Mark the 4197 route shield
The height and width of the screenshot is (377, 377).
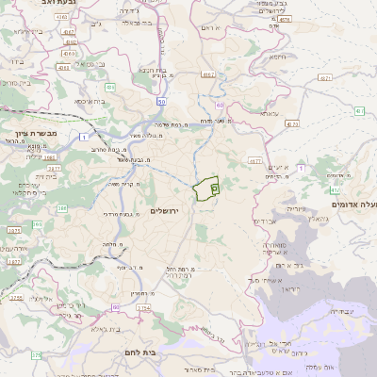(70, 32)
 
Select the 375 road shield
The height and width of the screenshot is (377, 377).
(36, 355)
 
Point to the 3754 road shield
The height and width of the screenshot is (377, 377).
(13, 230)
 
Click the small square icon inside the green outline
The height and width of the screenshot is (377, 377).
(215, 188)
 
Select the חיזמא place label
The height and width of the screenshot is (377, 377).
(276, 57)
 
